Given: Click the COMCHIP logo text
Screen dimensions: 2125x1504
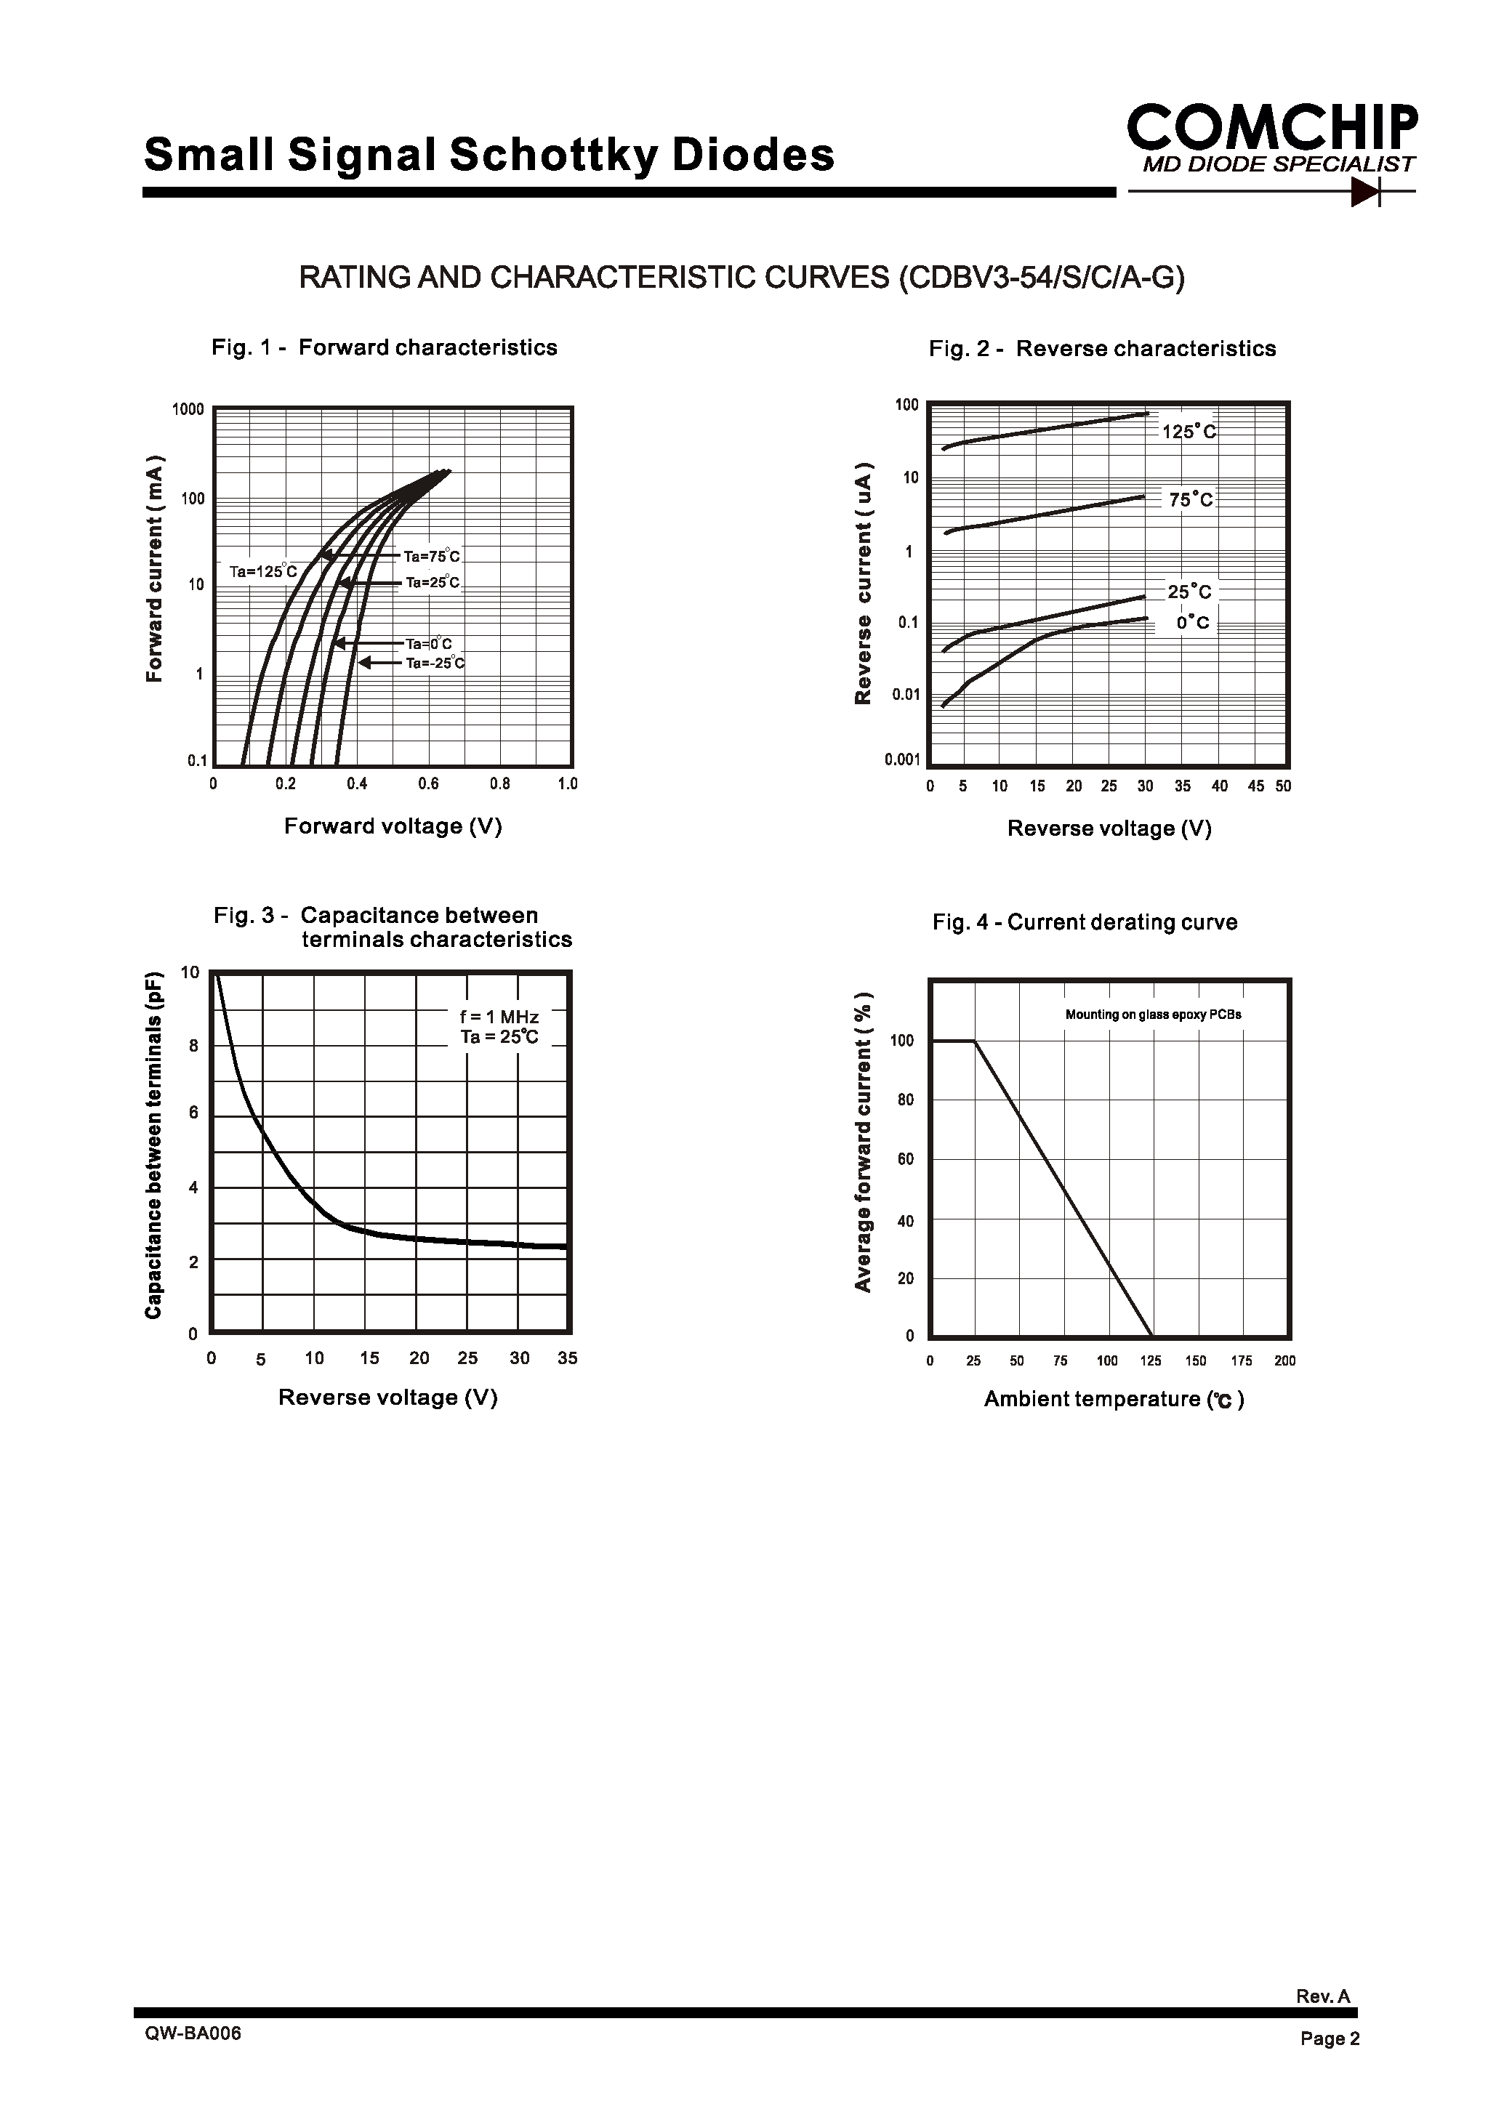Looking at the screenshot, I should click(x=1271, y=128).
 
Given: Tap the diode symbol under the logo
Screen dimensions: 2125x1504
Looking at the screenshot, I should click(x=1366, y=192).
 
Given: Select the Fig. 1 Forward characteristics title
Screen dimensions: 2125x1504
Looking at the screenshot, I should click(x=385, y=347).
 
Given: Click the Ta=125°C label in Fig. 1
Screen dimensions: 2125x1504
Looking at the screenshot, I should click(x=264, y=571).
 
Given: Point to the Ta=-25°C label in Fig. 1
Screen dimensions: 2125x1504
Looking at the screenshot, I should click(x=435, y=663).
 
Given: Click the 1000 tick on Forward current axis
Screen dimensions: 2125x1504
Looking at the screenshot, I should click(x=188, y=409).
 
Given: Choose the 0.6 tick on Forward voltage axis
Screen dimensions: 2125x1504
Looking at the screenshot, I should click(x=428, y=784).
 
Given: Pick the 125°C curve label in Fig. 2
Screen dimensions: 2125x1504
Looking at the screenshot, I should click(x=1189, y=432).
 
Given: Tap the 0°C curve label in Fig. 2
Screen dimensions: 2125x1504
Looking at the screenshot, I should click(x=1193, y=623).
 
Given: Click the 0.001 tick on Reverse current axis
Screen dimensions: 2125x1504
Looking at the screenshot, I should click(x=902, y=760).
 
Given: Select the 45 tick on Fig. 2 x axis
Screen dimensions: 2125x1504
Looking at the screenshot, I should click(x=1256, y=786).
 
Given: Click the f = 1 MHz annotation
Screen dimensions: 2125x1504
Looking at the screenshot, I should click(x=499, y=1017).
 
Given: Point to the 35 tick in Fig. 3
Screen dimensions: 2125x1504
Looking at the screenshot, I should click(x=568, y=1358).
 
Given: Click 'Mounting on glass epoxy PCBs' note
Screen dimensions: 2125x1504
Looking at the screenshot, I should click(x=1153, y=1015).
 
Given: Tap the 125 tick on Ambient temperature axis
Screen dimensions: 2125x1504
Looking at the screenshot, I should click(x=1150, y=1361).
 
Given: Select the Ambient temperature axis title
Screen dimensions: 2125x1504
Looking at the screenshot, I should click(x=1113, y=1399).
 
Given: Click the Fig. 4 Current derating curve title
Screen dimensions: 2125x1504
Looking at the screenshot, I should click(x=1085, y=922).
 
